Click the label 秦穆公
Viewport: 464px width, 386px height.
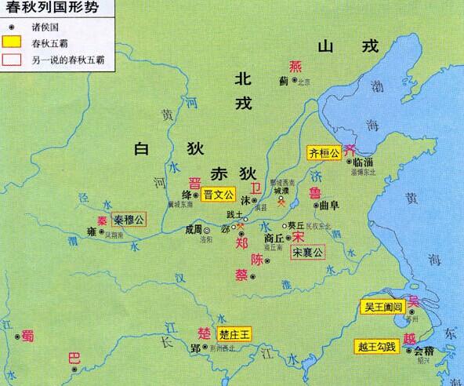(x=127, y=219)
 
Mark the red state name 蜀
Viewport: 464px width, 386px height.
(x=27, y=334)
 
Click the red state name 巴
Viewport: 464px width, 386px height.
(x=74, y=359)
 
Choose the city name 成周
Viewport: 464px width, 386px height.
(x=193, y=231)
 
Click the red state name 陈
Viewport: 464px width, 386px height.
(x=256, y=260)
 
